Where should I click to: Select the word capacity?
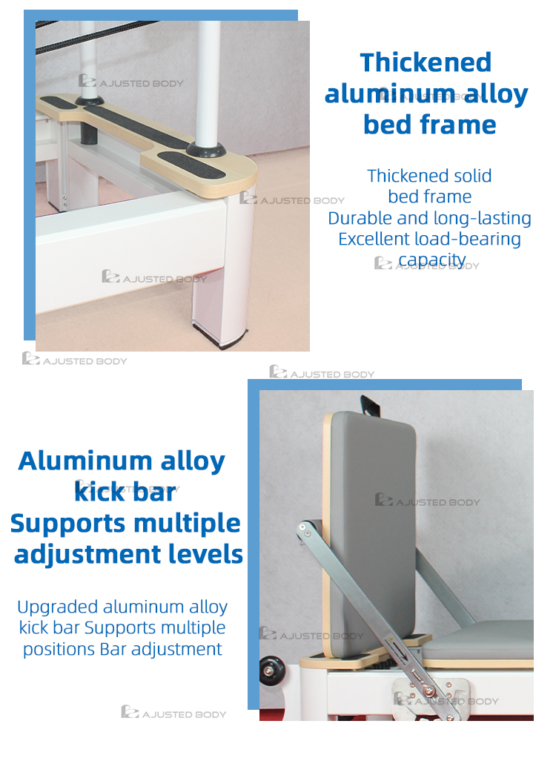[x=432, y=260]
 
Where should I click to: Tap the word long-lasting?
[x=485, y=218]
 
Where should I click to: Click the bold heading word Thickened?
[x=426, y=62]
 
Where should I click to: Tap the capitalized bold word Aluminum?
[x=74, y=461]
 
